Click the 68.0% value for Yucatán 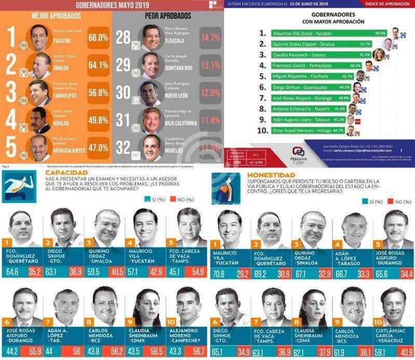point(98,38)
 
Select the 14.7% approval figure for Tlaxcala point(211,38)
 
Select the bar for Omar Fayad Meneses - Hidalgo point(307,131)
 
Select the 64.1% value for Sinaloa point(98,65)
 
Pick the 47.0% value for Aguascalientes point(98,147)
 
